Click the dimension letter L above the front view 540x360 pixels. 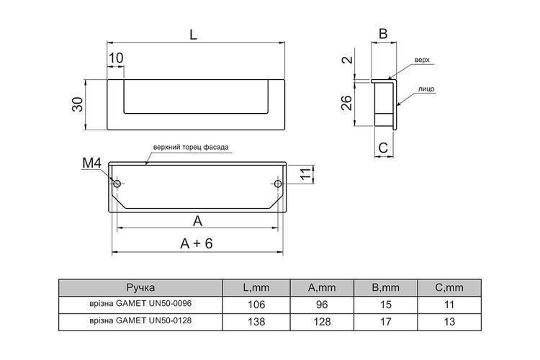193,35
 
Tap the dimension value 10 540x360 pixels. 116,58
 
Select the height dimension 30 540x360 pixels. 78,104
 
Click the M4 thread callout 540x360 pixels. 92,163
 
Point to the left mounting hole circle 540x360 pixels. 117,184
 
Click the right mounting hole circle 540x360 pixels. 278,184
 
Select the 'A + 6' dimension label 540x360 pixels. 197,243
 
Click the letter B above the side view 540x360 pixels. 383,34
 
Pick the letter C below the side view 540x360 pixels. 383,148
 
